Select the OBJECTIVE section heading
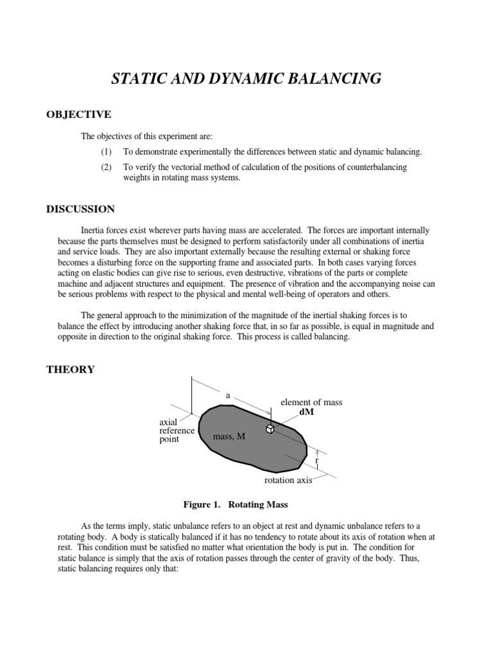(x=78, y=114)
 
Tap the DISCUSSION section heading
(x=80, y=209)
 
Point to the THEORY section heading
(x=71, y=369)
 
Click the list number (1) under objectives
(x=106, y=152)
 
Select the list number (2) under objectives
(x=106, y=167)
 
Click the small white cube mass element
(x=270, y=429)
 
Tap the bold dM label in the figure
(x=307, y=412)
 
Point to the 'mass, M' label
(x=229, y=437)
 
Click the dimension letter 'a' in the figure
(x=228, y=396)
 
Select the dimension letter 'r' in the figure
(x=316, y=461)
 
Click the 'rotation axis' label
(x=289, y=481)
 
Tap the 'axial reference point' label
(x=177, y=431)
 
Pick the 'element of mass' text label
(x=311, y=402)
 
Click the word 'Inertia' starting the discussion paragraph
(x=94, y=230)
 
